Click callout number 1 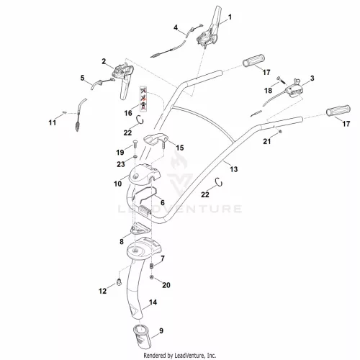point(230,17)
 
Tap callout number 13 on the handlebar point(234,169)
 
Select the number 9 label point(161,330)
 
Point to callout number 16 point(128,113)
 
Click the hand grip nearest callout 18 point(254,60)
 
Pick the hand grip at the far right point(338,111)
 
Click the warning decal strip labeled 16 point(143,99)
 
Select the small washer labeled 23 point(135,157)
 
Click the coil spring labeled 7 point(151,266)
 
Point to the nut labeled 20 point(151,277)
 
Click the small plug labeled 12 point(119,282)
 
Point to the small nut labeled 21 point(280,131)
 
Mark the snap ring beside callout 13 point(219,182)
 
